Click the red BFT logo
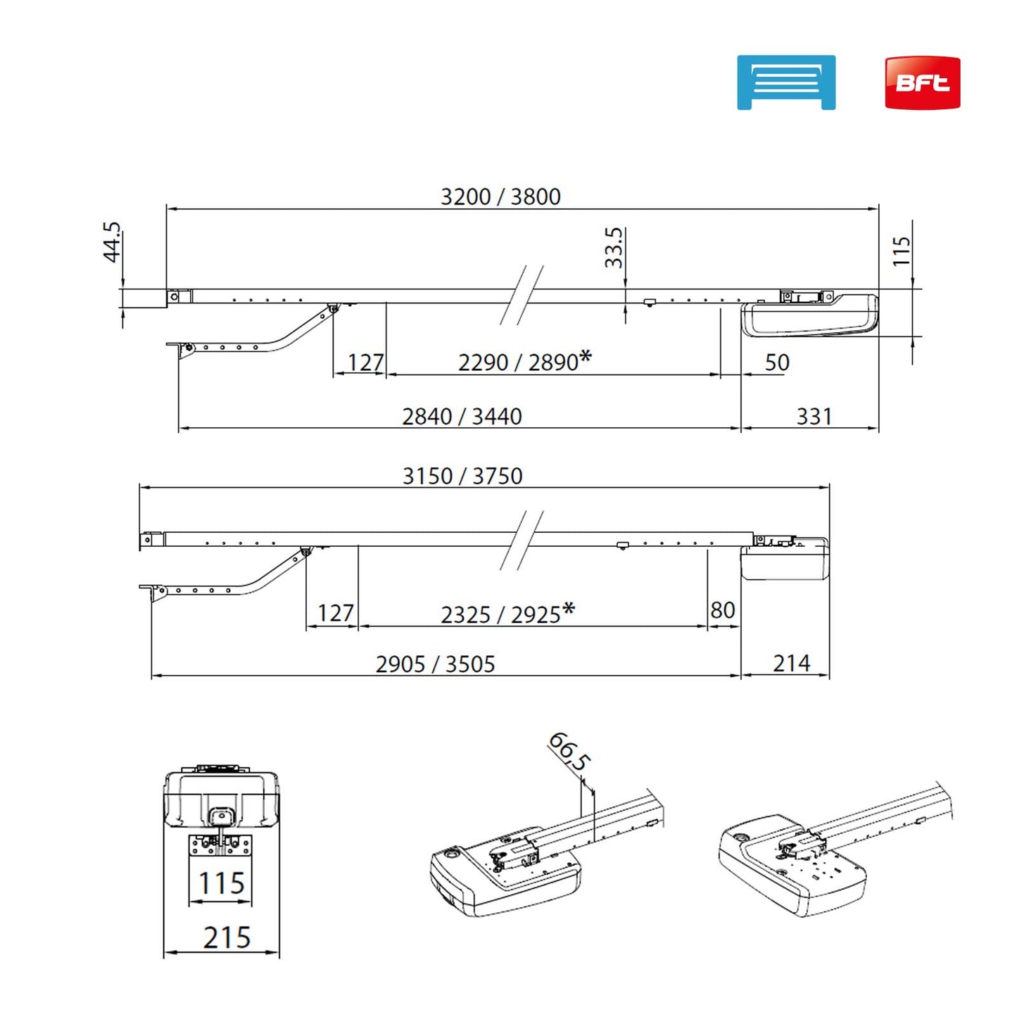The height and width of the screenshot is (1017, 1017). click(922, 83)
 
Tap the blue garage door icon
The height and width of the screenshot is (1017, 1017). click(785, 82)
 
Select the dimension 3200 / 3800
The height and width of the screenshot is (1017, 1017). click(500, 196)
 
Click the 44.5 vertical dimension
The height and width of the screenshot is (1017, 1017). click(112, 242)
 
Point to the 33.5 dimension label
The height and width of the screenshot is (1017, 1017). click(614, 247)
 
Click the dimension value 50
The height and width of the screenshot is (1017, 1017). click(777, 362)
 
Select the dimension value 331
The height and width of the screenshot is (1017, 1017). click(814, 417)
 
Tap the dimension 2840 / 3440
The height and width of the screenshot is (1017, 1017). click(462, 417)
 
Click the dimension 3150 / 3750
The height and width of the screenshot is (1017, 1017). click(462, 476)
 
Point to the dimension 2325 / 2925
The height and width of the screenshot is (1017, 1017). click(500, 614)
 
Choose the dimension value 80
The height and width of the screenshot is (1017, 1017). click(723, 610)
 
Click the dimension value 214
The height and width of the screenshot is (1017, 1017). click(791, 664)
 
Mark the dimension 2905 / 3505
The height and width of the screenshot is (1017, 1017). click(435, 664)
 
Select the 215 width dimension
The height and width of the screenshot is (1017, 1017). click(227, 937)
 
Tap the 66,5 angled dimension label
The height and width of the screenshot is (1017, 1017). click(569, 751)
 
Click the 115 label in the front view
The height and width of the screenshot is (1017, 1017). click(221, 883)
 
